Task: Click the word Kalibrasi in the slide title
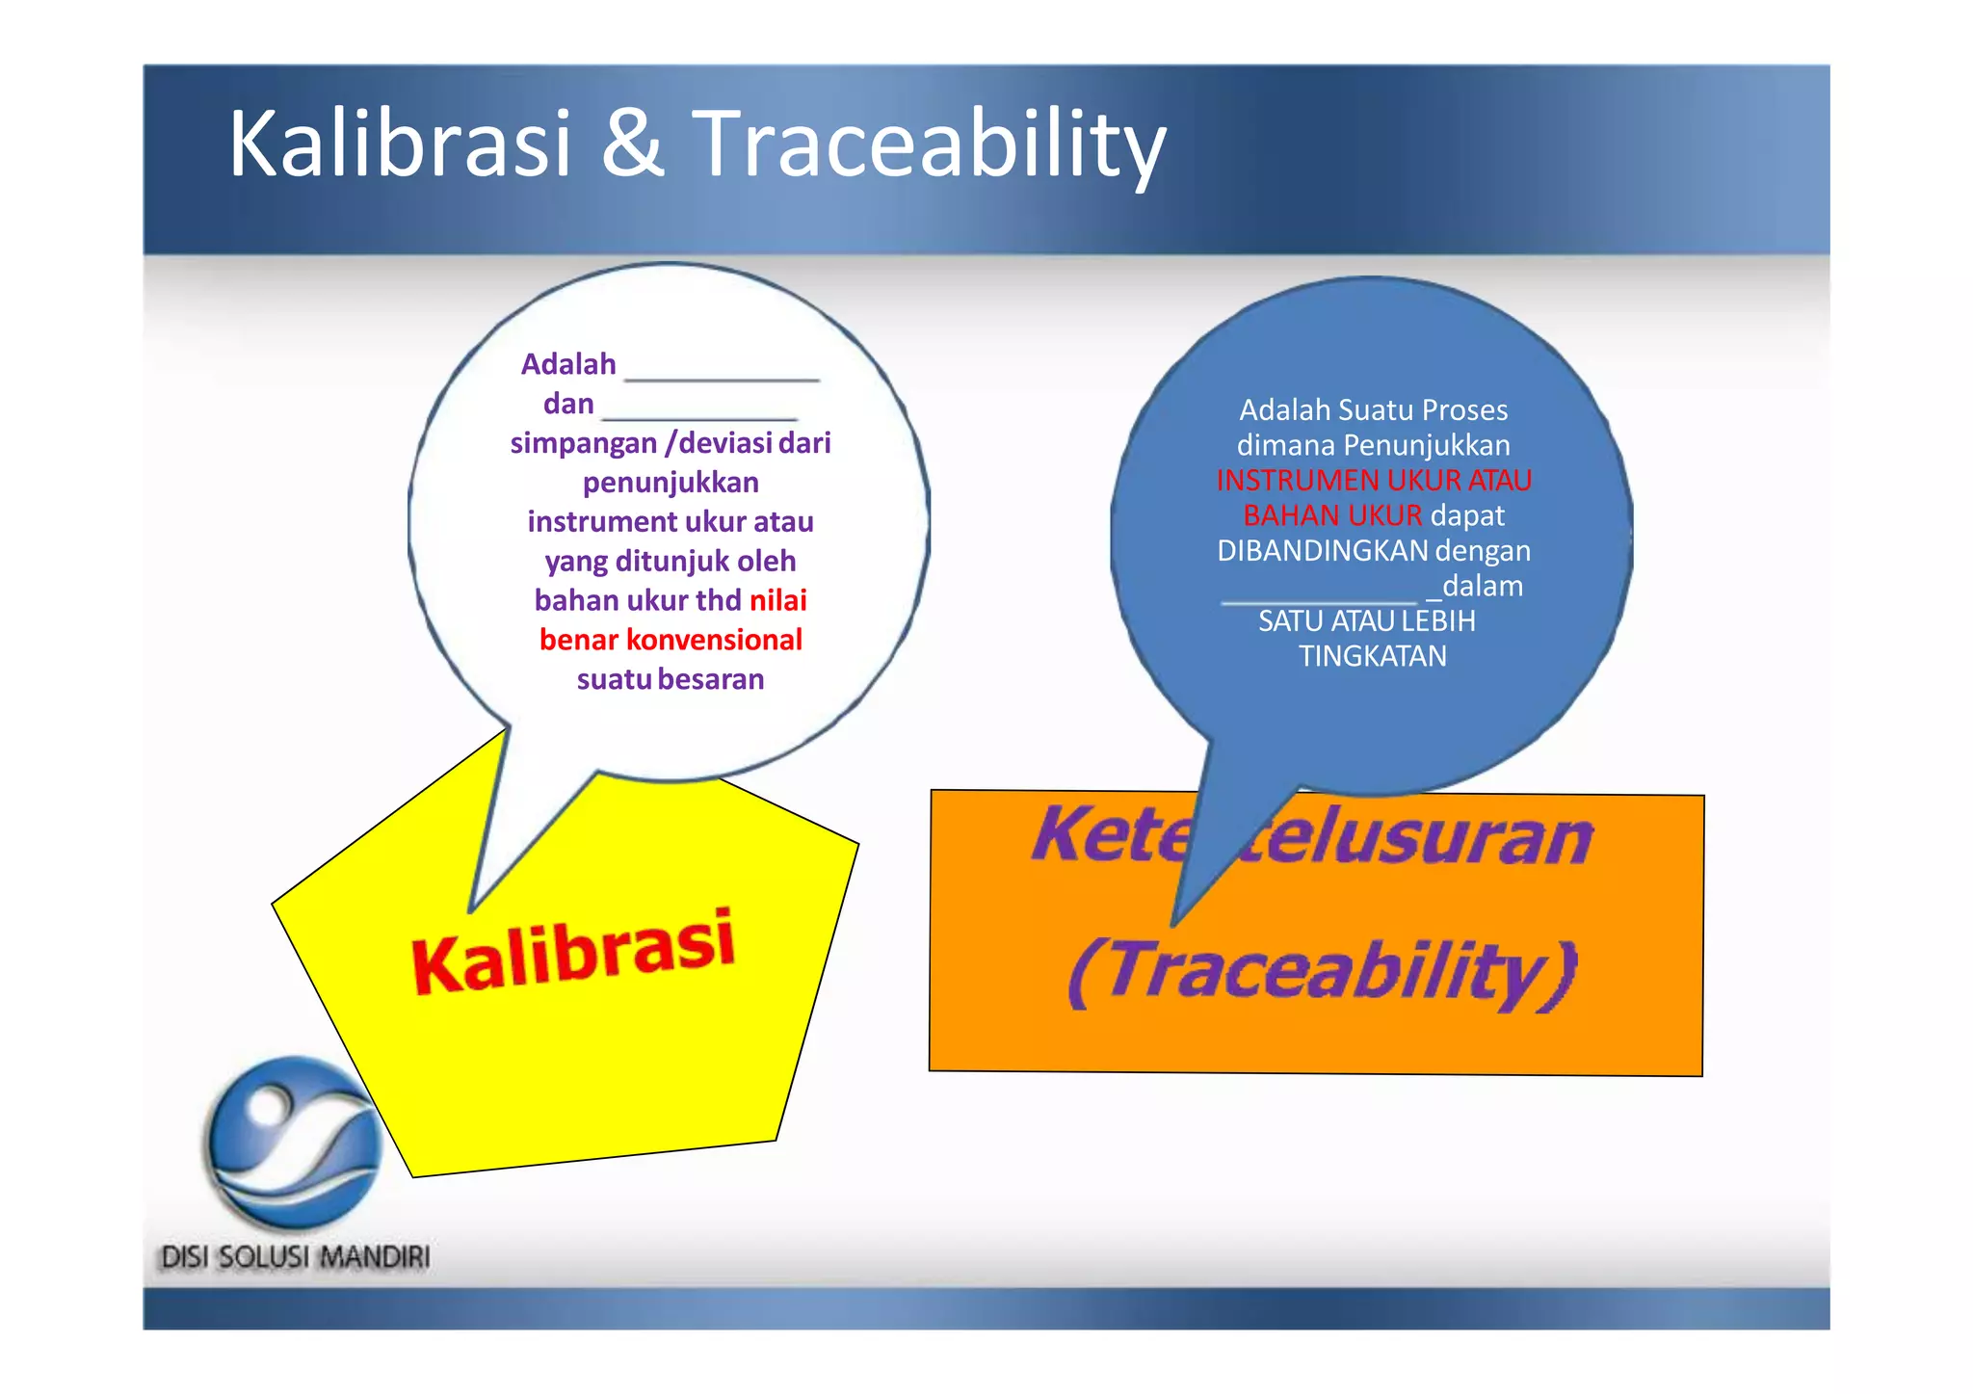click(x=400, y=145)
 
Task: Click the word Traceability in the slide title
click(x=929, y=145)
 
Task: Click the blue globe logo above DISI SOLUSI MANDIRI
click(x=295, y=1143)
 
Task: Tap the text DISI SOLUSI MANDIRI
click(x=295, y=1257)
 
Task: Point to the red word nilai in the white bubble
click(x=777, y=600)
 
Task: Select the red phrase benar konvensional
click(x=671, y=640)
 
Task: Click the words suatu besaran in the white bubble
click(x=671, y=679)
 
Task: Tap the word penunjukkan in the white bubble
click(x=671, y=482)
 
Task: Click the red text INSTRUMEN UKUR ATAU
click(x=1373, y=480)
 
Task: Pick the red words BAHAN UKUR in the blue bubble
click(x=1331, y=515)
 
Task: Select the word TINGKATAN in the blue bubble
click(x=1372, y=656)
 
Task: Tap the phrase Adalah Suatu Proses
click(x=1373, y=410)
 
